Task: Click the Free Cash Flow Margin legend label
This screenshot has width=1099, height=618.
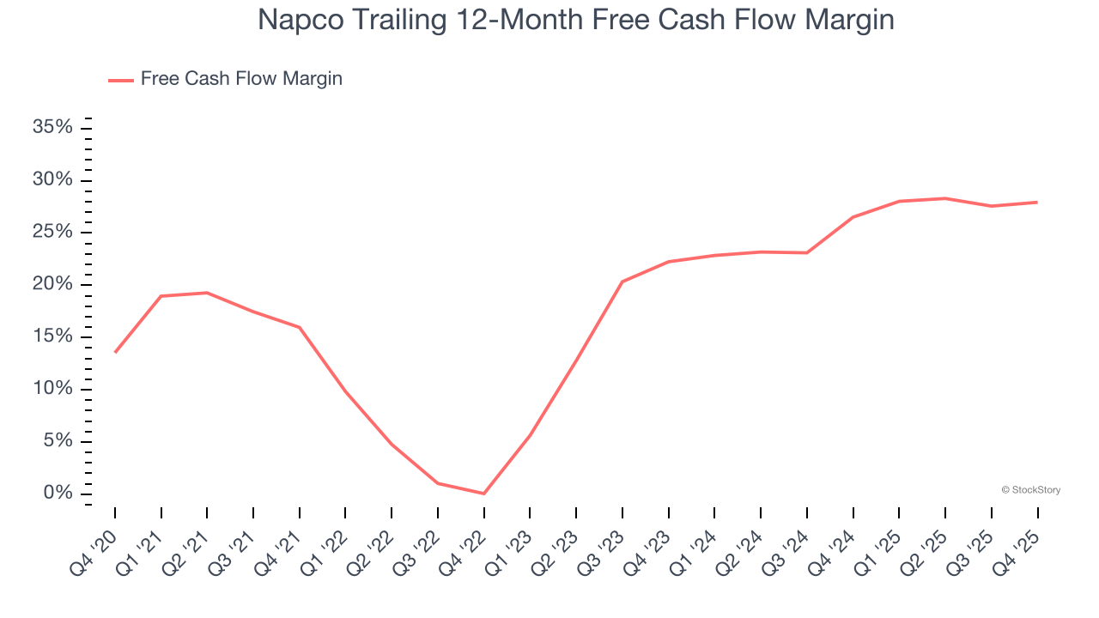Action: point(241,79)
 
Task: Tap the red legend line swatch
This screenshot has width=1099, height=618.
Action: point(121,80)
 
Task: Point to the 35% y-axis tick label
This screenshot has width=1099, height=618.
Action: point(52,128)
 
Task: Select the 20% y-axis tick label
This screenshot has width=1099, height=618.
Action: point(52,285)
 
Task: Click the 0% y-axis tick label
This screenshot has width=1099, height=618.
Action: point(58,494)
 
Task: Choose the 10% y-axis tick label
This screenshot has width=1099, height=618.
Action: point(52,389)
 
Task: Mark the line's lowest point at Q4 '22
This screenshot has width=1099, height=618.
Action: point(484,494)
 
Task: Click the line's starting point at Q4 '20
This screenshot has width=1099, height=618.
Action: point(115,352)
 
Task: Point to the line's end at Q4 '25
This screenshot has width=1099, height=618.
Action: point(1037,203)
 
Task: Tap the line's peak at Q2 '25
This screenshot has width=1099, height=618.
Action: point(945,198)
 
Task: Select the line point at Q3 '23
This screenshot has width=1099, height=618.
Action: point(622,282)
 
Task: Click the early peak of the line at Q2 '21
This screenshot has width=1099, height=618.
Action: point(207,293)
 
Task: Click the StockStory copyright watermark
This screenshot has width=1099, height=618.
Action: point(1030,490)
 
